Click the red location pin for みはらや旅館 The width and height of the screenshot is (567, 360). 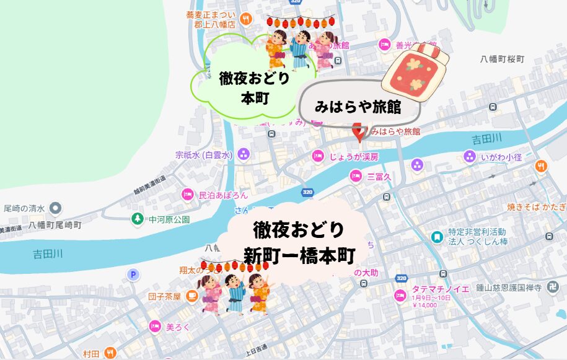click(358, 131)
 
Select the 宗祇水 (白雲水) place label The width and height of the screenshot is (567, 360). click(203, 154)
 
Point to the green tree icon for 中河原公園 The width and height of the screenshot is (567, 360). click(137, 219)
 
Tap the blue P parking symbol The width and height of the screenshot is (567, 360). click(132, 274)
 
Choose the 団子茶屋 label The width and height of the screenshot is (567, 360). click(164, 297)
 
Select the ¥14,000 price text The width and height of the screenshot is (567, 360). click(424, 305)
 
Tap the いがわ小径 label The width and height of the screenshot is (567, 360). click(501, 157)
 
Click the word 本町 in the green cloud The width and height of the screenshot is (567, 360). click(254, 97)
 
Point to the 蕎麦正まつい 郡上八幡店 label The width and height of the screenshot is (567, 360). click(211, 20)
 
